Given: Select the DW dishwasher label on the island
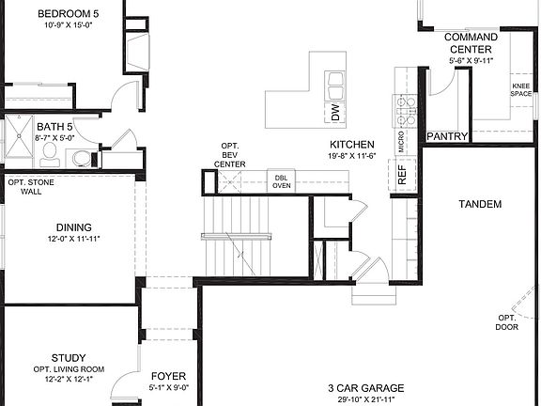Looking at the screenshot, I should tap(334, 113).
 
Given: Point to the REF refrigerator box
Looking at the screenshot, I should tap(402, 173).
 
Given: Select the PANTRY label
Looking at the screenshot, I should tap(447, 136).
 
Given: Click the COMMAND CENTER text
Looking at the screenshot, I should tap(470, 42).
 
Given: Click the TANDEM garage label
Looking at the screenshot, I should tap(479, 204).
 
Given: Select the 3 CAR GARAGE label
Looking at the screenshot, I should tap(366, 387).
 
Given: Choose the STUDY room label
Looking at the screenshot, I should tap(70, 357).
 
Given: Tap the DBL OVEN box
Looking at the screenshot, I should tap(281, 181).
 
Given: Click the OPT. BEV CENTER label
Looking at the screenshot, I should tap(230, 154).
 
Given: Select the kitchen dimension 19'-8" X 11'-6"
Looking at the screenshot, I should tap(352, 158).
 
